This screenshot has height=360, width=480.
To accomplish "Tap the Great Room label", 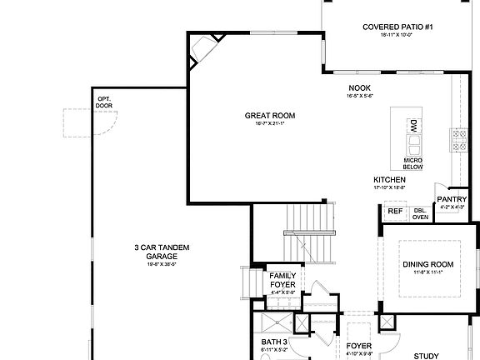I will [x=269, y=116].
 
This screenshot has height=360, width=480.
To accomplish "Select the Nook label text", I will [x=359, y=87].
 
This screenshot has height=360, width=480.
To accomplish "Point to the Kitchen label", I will [x=389, y=180].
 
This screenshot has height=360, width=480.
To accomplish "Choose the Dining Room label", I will [x=428, y=264].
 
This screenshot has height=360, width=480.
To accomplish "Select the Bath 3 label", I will [x=274, y=342].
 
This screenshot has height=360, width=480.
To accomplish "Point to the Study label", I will [x=425, y=357].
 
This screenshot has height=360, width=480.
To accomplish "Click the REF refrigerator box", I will [x=394, y=212].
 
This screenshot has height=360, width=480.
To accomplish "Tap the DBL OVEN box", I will [x=420, y=213].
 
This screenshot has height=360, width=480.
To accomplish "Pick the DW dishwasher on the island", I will [x=413, y=126].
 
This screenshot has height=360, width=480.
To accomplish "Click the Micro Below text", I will [x=413, y=163].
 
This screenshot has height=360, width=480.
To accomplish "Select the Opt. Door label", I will [x=103, y=102].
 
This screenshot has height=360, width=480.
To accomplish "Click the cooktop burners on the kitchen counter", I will [x=459, y=140].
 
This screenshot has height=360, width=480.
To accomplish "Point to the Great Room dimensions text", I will [x=269, y=124].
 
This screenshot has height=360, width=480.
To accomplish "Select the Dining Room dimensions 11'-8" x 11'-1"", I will [x=428, y=272].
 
